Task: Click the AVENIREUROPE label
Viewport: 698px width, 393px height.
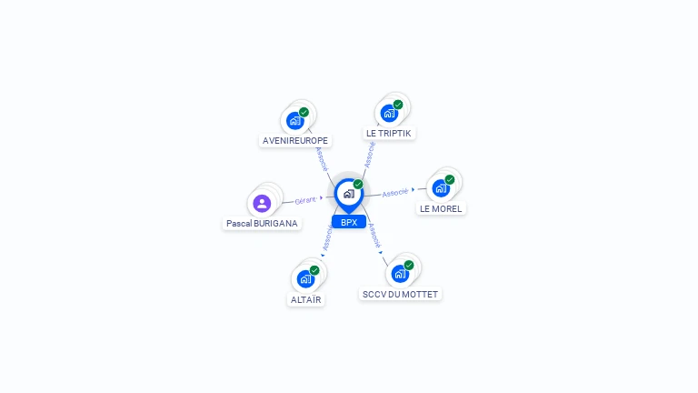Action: tap(295, 141)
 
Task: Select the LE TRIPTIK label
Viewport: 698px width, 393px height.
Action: tap(388, 133)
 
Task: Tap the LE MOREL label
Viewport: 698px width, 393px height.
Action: tap(441, 208)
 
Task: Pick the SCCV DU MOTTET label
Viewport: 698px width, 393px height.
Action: tap(400, 295)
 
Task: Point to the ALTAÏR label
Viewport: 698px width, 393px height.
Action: tap(305, 299)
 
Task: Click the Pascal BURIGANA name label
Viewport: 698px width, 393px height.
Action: tap(262, 223)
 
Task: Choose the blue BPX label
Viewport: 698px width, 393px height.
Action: tap(349, 222)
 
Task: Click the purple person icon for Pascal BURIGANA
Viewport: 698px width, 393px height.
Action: tap(262, 203)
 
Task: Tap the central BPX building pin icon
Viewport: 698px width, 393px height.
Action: tap(348, 194)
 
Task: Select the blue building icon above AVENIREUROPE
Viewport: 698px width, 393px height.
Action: tap(294, 121)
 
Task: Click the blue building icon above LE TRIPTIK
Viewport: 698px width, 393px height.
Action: tap(389, 114)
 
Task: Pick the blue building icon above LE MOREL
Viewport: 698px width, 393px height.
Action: tap(441, 188)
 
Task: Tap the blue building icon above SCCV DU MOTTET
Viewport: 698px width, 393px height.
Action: tap(400, 274)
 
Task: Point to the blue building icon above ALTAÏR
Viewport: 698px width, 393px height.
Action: tap(305, 278)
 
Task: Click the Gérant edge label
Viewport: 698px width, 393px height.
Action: tap(305, 199)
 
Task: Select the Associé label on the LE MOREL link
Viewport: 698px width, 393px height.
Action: tap(394, 192)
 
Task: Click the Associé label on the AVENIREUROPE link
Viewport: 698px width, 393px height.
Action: tap(321, 158)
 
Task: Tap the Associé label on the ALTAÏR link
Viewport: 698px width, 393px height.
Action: tap(327, 237)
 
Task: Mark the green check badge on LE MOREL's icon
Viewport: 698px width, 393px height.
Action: tap(449, 179)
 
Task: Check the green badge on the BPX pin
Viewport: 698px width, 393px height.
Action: tap(358, 184)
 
